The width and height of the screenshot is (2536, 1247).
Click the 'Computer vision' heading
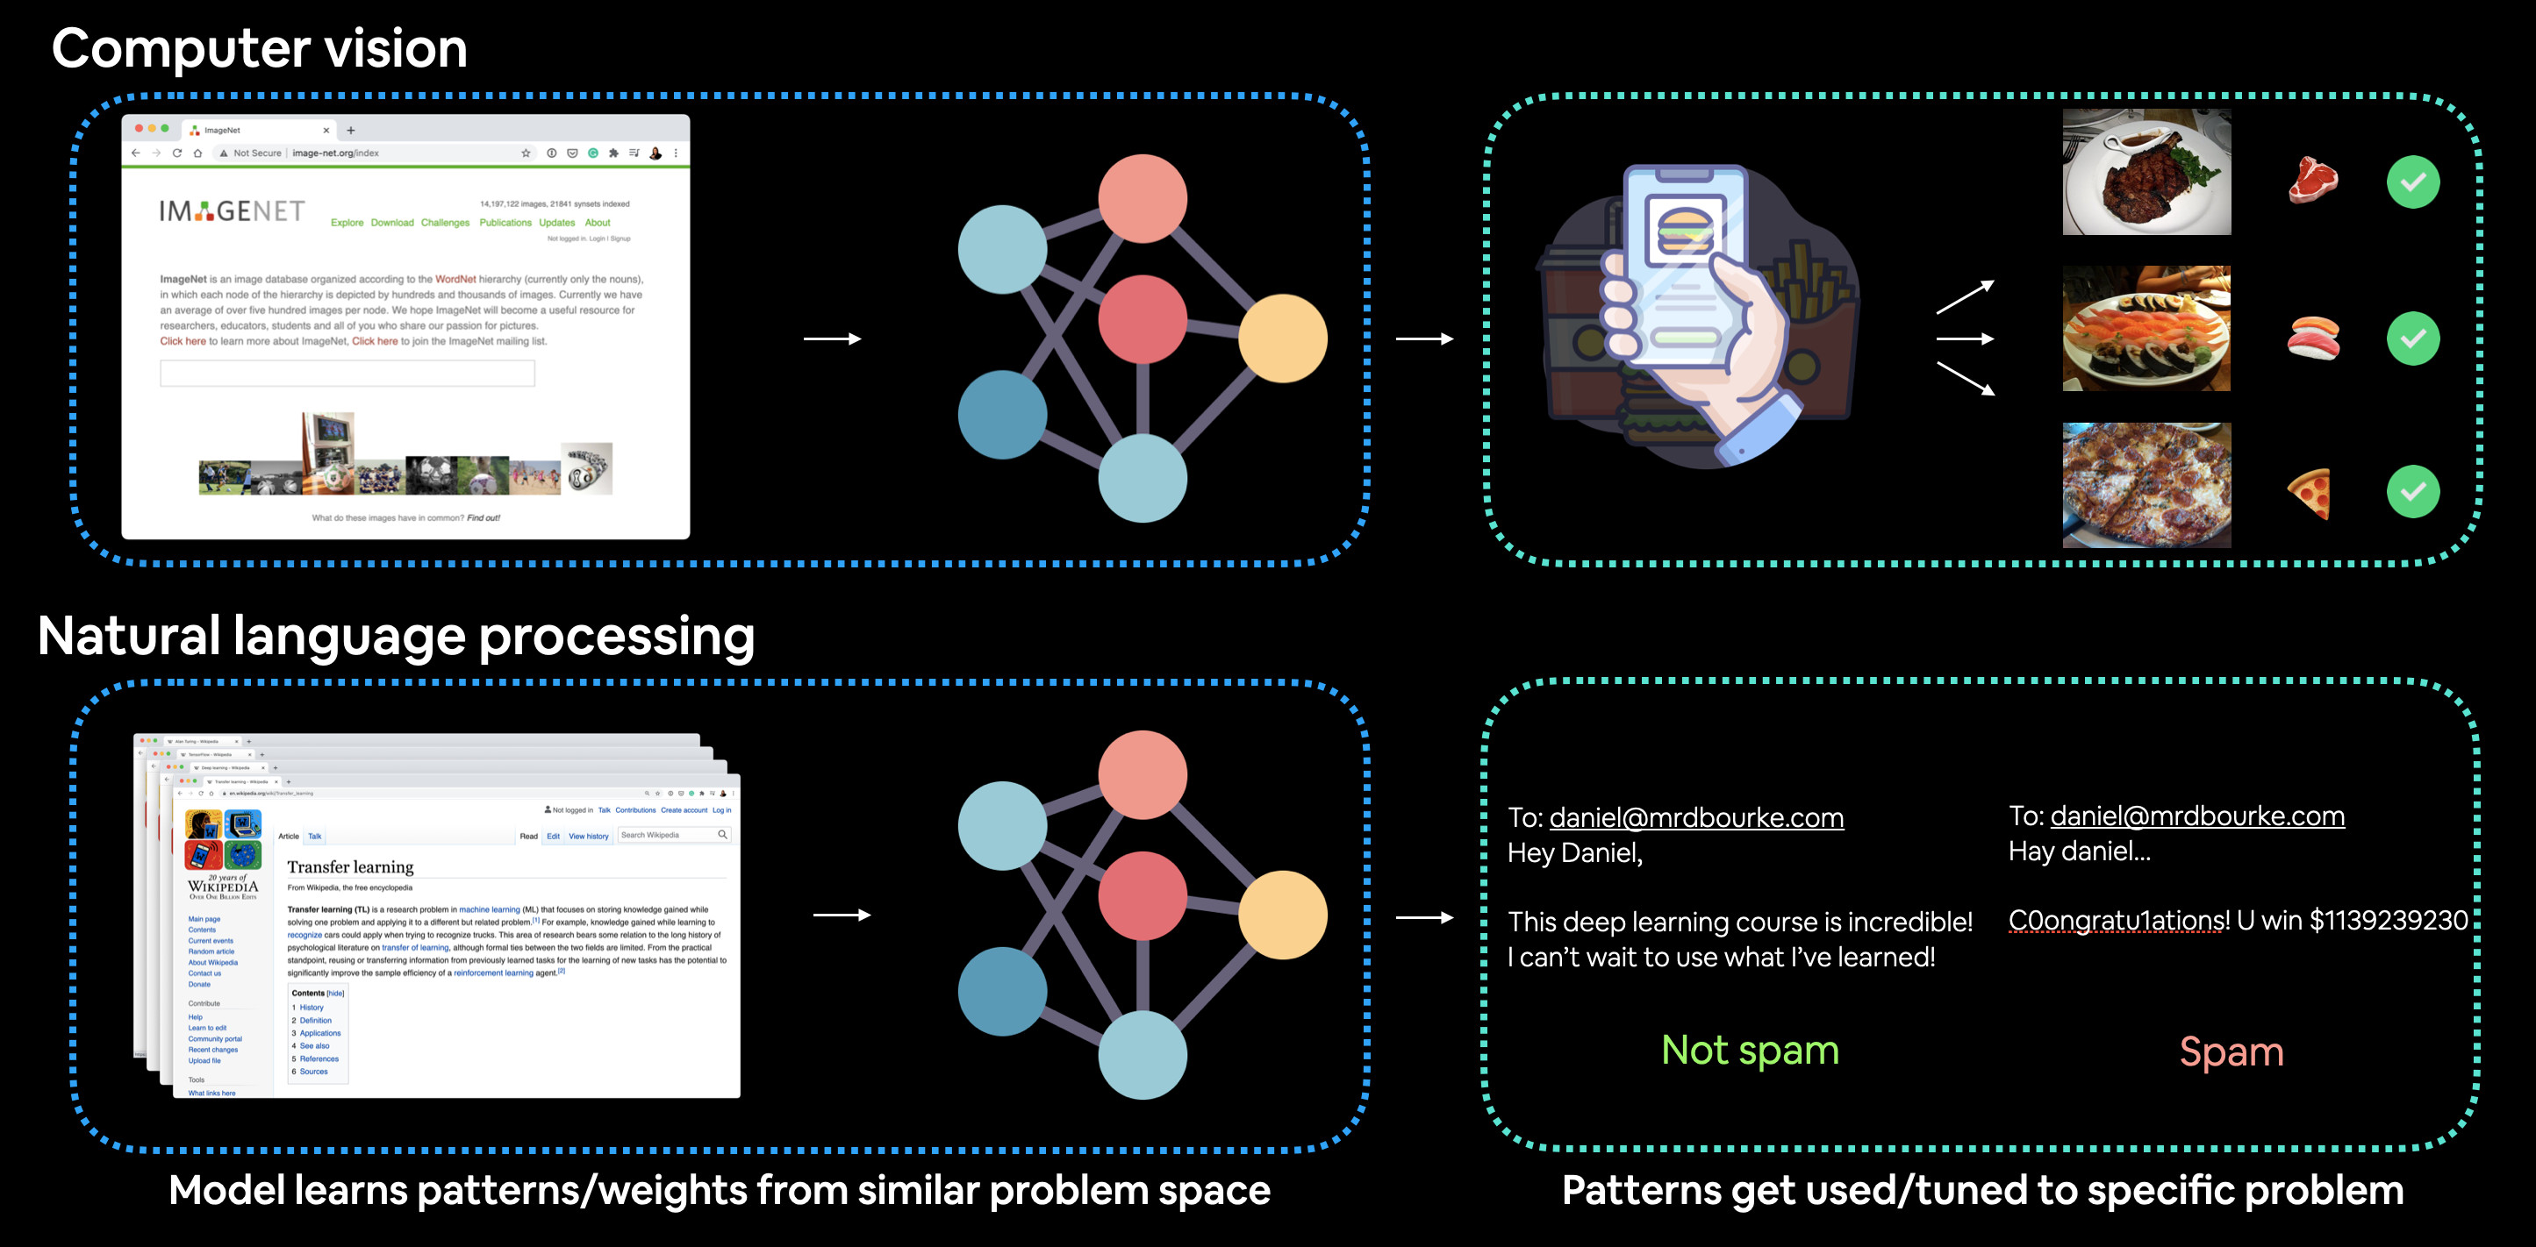(x=259, y=48)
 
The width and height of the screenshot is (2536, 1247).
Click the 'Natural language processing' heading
(x=396, y=636)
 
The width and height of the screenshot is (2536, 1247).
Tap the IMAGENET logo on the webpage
(x=233, y=210)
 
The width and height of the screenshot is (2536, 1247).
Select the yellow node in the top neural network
(x=1282, y=338)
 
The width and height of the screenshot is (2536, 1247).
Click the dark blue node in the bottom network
(x=1002, y=990)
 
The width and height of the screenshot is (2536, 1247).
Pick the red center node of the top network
(x=1142, y=319)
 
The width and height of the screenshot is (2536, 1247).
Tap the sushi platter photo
(x=2146, y=329)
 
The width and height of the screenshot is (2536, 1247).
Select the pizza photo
(x=2146, y=484)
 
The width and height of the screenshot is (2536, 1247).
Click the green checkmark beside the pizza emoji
(x=2412, y=491)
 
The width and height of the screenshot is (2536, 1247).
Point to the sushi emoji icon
(x=2312, y=338)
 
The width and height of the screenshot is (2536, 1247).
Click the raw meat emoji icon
(x=2312, y=180)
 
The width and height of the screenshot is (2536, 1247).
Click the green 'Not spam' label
(x=1750, y=1051)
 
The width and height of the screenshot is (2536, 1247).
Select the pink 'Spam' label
(x=2231, y=1052)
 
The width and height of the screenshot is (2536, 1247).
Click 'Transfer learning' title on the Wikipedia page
(x=350, y=867)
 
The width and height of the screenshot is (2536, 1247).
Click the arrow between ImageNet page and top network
(x=832, y=338)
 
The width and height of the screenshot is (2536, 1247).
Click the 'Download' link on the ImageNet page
(x=392, y=223)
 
